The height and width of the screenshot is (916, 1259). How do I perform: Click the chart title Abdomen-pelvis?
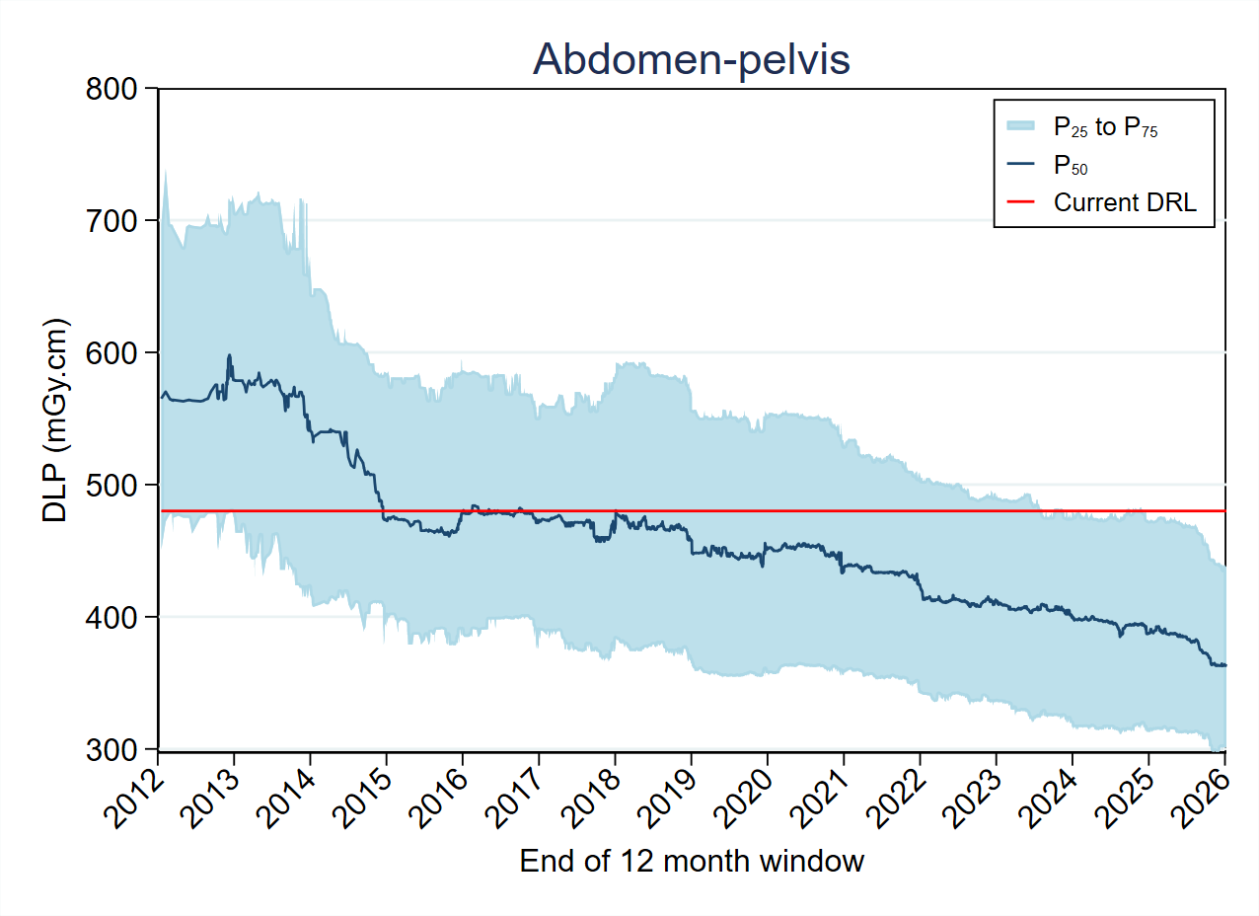tap(691, 60)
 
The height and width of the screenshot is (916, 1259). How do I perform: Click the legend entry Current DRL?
tap(1125, 203)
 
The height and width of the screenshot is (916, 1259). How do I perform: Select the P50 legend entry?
tap(1071, 165)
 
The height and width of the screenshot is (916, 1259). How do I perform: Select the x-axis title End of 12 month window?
tap(692, 862)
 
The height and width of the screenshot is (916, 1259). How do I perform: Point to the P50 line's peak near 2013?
tap(230, 355)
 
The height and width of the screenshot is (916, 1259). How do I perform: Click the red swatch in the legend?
tap(1020, 203)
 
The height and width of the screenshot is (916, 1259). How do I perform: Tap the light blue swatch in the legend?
tap(1020, 126)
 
